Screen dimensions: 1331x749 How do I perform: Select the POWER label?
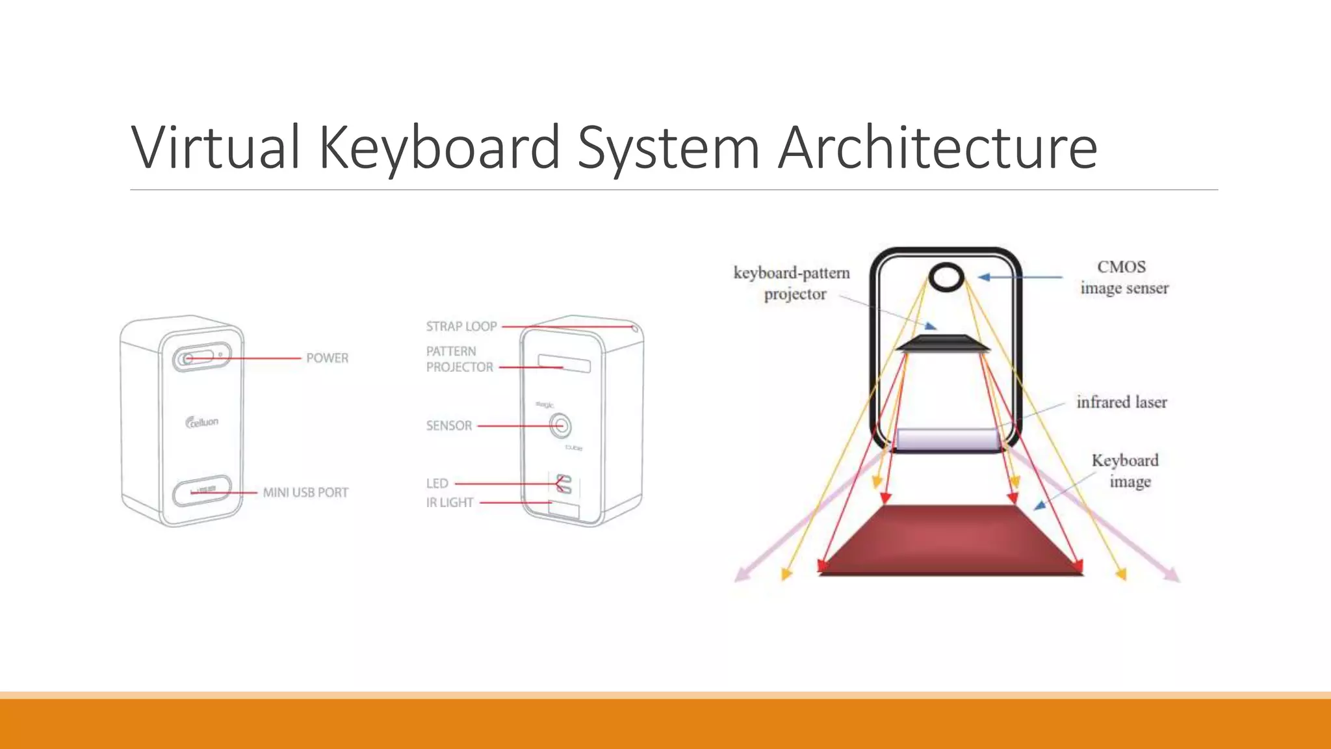pos(327,358)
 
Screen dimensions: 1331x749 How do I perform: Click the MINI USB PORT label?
pos(305,493)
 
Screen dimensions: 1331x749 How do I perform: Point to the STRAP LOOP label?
pos(461,326)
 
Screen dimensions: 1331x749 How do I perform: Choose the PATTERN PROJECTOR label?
pos(459,359)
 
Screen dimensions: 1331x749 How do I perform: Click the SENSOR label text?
pos(448,426)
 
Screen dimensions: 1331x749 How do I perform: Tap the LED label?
pos(437,484)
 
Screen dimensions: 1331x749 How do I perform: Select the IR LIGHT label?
pos(449,503)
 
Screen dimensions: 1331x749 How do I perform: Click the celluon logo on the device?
pos(202,423)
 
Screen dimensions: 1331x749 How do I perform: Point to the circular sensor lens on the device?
pos(560,427)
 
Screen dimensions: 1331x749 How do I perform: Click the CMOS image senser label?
pos(1124,278)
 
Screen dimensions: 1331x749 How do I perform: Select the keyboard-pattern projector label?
pos(792,283)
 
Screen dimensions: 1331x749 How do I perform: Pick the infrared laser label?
pos(1121,402)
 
